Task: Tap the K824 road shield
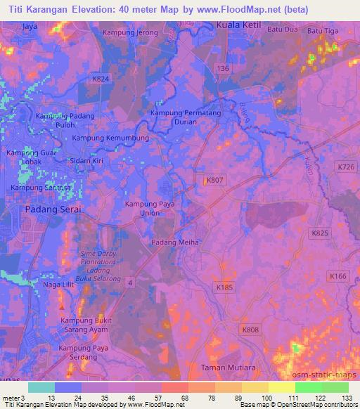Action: [101, 79]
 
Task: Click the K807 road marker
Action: [214, 181]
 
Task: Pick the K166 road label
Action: [338, 277]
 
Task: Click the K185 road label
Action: [224, 287]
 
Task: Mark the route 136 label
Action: [223, 68]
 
